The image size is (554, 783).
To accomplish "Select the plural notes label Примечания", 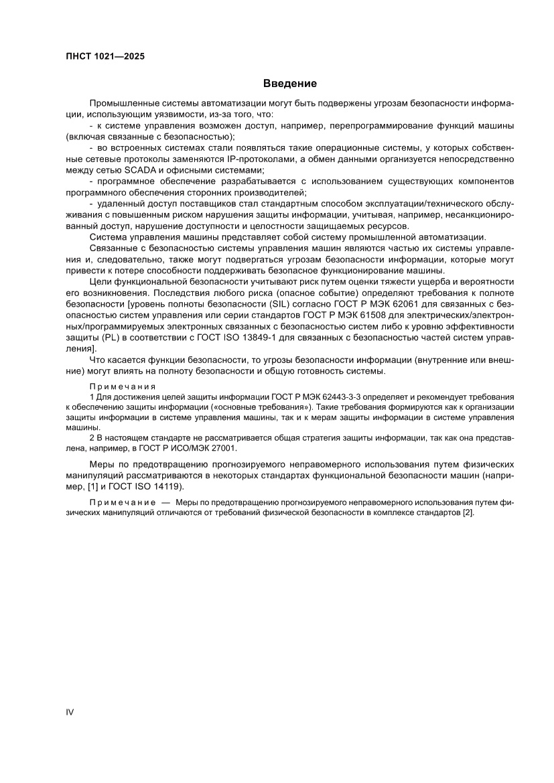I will coord(123,386).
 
